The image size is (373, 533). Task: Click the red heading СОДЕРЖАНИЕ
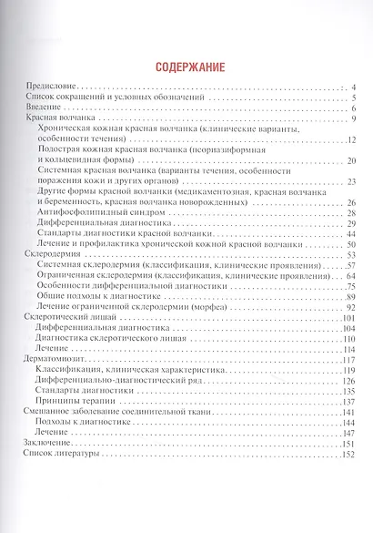pyautogui.click(x=186, y=66)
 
